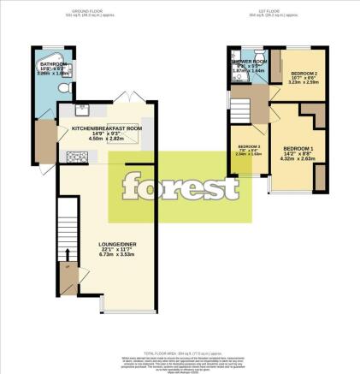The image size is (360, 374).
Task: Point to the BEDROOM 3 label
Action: (x=247, y=146)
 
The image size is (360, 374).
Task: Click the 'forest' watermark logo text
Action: (x=179, y=186)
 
